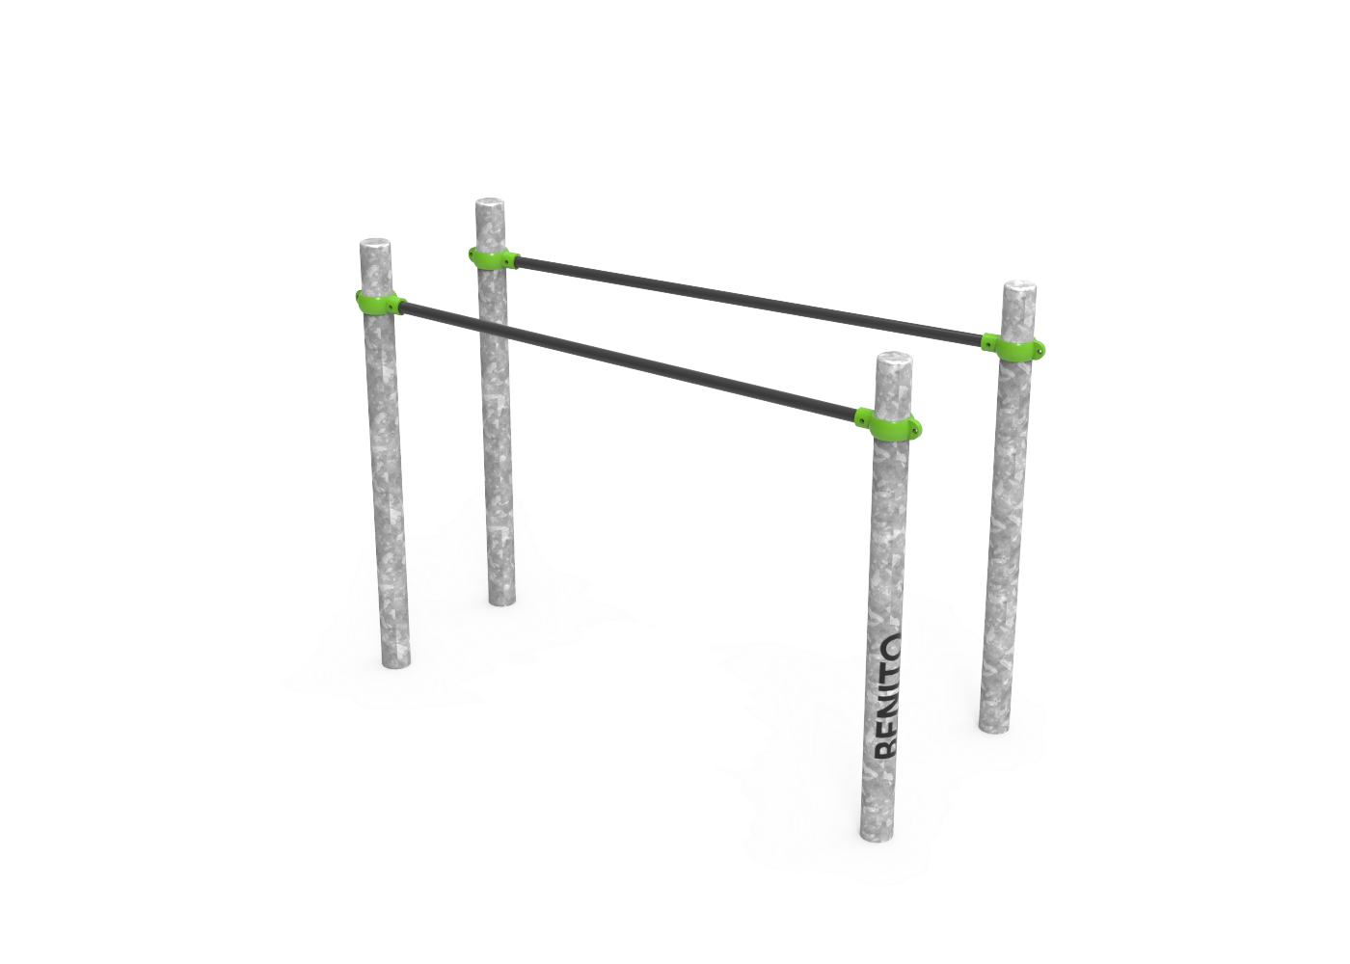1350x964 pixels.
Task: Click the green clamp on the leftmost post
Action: pos(380,303)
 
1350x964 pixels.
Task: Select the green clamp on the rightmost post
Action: pos(1012,346)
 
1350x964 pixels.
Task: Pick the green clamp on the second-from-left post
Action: pos(493,258)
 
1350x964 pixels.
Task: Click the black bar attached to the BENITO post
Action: pos(630,361)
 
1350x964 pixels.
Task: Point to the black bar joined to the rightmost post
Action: pos(749,301)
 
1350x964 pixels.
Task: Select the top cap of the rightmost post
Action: pos(1020,287)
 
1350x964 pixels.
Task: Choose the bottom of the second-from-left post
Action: pos(503,600)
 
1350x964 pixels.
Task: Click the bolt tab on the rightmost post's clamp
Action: pos(1039,349)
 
